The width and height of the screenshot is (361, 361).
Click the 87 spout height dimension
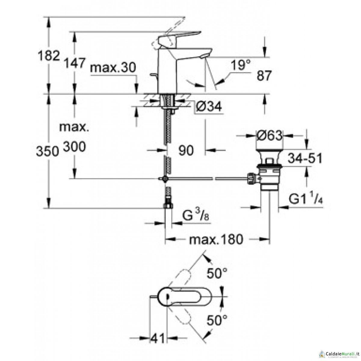(264, 76)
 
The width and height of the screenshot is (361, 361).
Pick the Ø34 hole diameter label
(208, 106)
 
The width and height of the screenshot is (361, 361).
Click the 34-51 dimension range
(305, 158)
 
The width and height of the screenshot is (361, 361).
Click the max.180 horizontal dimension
(215, 239)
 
